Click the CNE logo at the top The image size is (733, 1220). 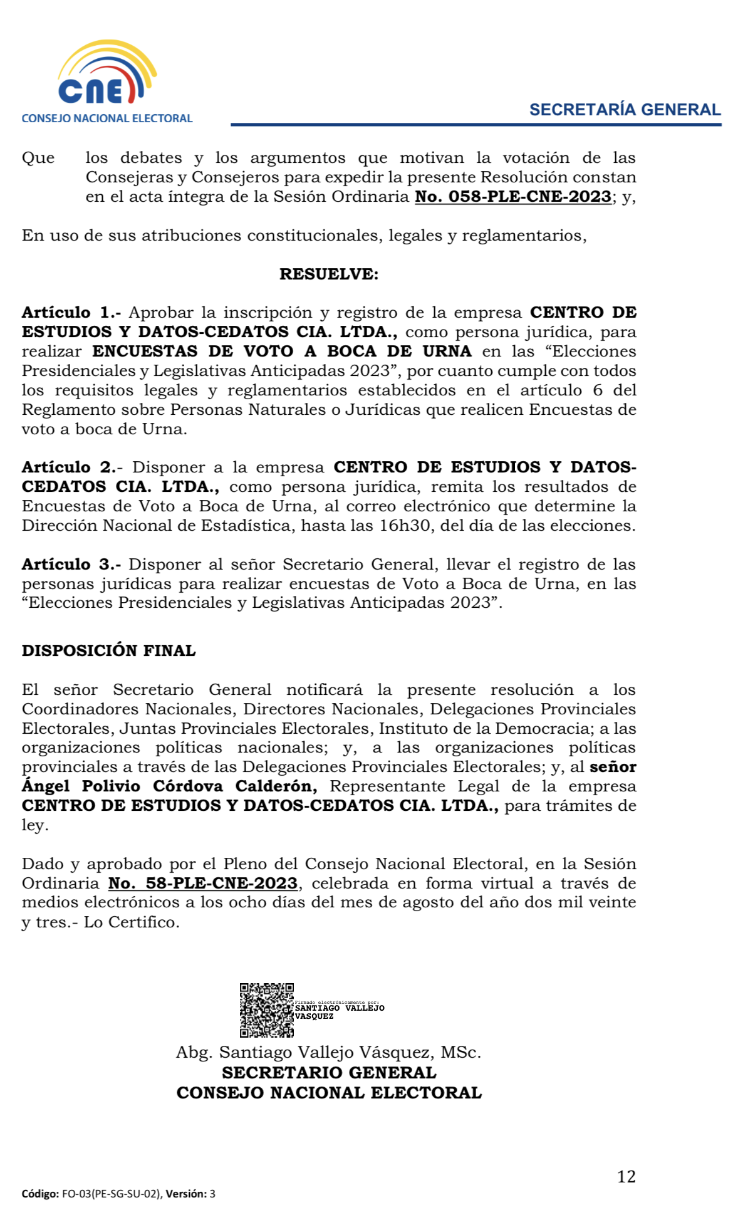[107, 75]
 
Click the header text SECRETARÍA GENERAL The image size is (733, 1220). [625, 110]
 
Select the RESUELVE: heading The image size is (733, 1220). [329, 274]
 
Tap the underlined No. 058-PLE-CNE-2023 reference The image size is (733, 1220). [513, 197]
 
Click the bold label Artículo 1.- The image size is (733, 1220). [71, 313]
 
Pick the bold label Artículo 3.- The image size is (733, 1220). [71, 565]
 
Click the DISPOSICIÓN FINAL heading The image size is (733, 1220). [109, 651]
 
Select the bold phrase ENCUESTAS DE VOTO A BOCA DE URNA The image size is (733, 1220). [282, 352]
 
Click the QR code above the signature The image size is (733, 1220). [266, 1009]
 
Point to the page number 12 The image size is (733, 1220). [626, 1177]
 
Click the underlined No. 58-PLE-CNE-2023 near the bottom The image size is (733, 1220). [203, 884]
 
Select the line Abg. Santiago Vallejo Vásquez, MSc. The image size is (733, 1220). [329, 1053]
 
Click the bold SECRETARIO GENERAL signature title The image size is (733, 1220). [329, 1073]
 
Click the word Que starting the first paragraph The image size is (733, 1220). [38, 158]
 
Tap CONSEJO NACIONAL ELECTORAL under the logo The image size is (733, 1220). [107, 118]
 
